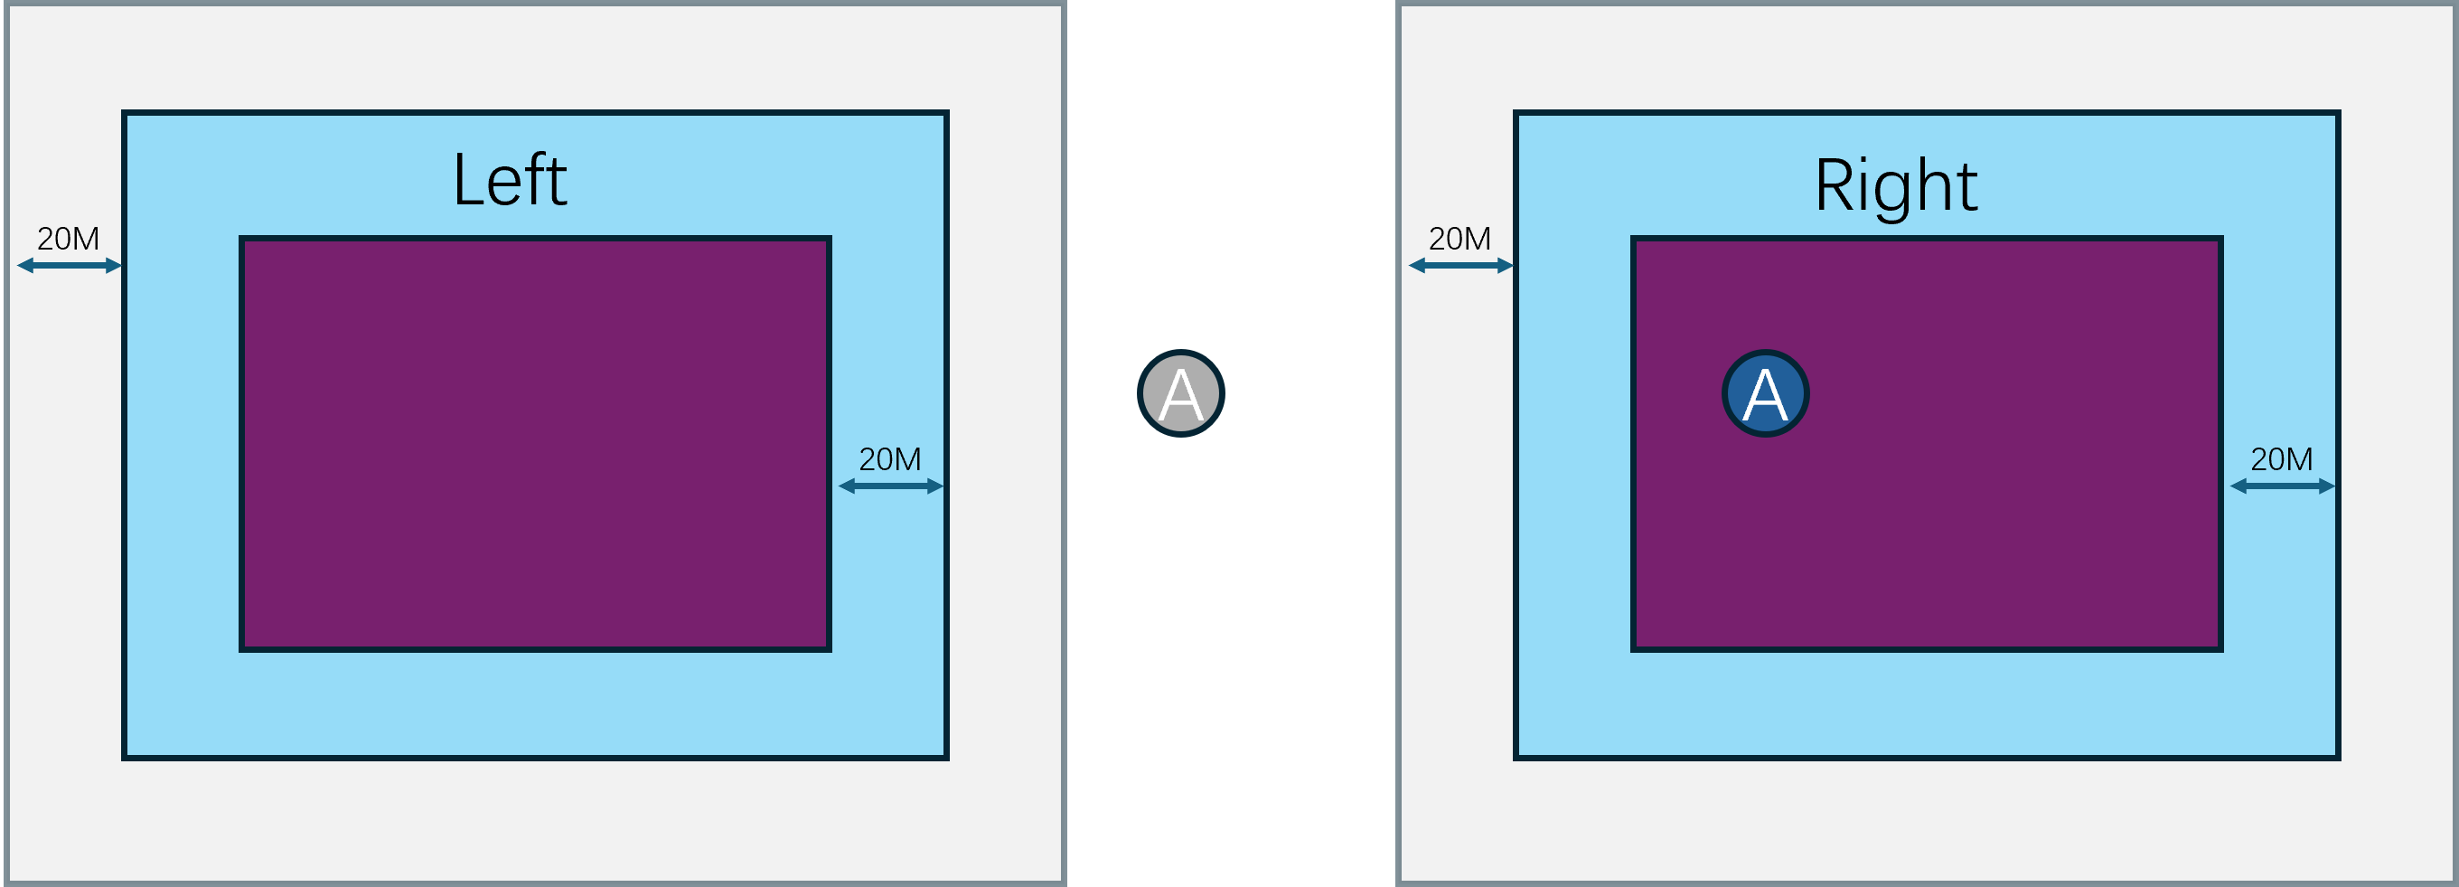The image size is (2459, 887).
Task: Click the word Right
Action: click(1896, 185)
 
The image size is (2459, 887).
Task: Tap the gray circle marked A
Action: click(1181, 393)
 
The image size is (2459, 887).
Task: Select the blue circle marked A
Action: click(1765, 393)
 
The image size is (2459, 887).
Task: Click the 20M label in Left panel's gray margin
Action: click(68, 239)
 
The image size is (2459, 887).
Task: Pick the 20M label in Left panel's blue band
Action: click(889, 459)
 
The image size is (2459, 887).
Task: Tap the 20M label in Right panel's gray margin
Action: click(1459, 239)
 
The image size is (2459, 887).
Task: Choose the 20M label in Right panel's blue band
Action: click(2282, 459)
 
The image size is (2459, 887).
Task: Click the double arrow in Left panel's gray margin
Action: click(70, 266)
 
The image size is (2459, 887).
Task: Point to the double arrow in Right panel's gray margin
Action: click(1461, 266)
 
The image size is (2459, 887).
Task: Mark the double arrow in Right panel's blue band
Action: click(2283, 486)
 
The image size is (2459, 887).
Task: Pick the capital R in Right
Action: click(1834, 185)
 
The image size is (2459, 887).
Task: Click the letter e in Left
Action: click(506, 186)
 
